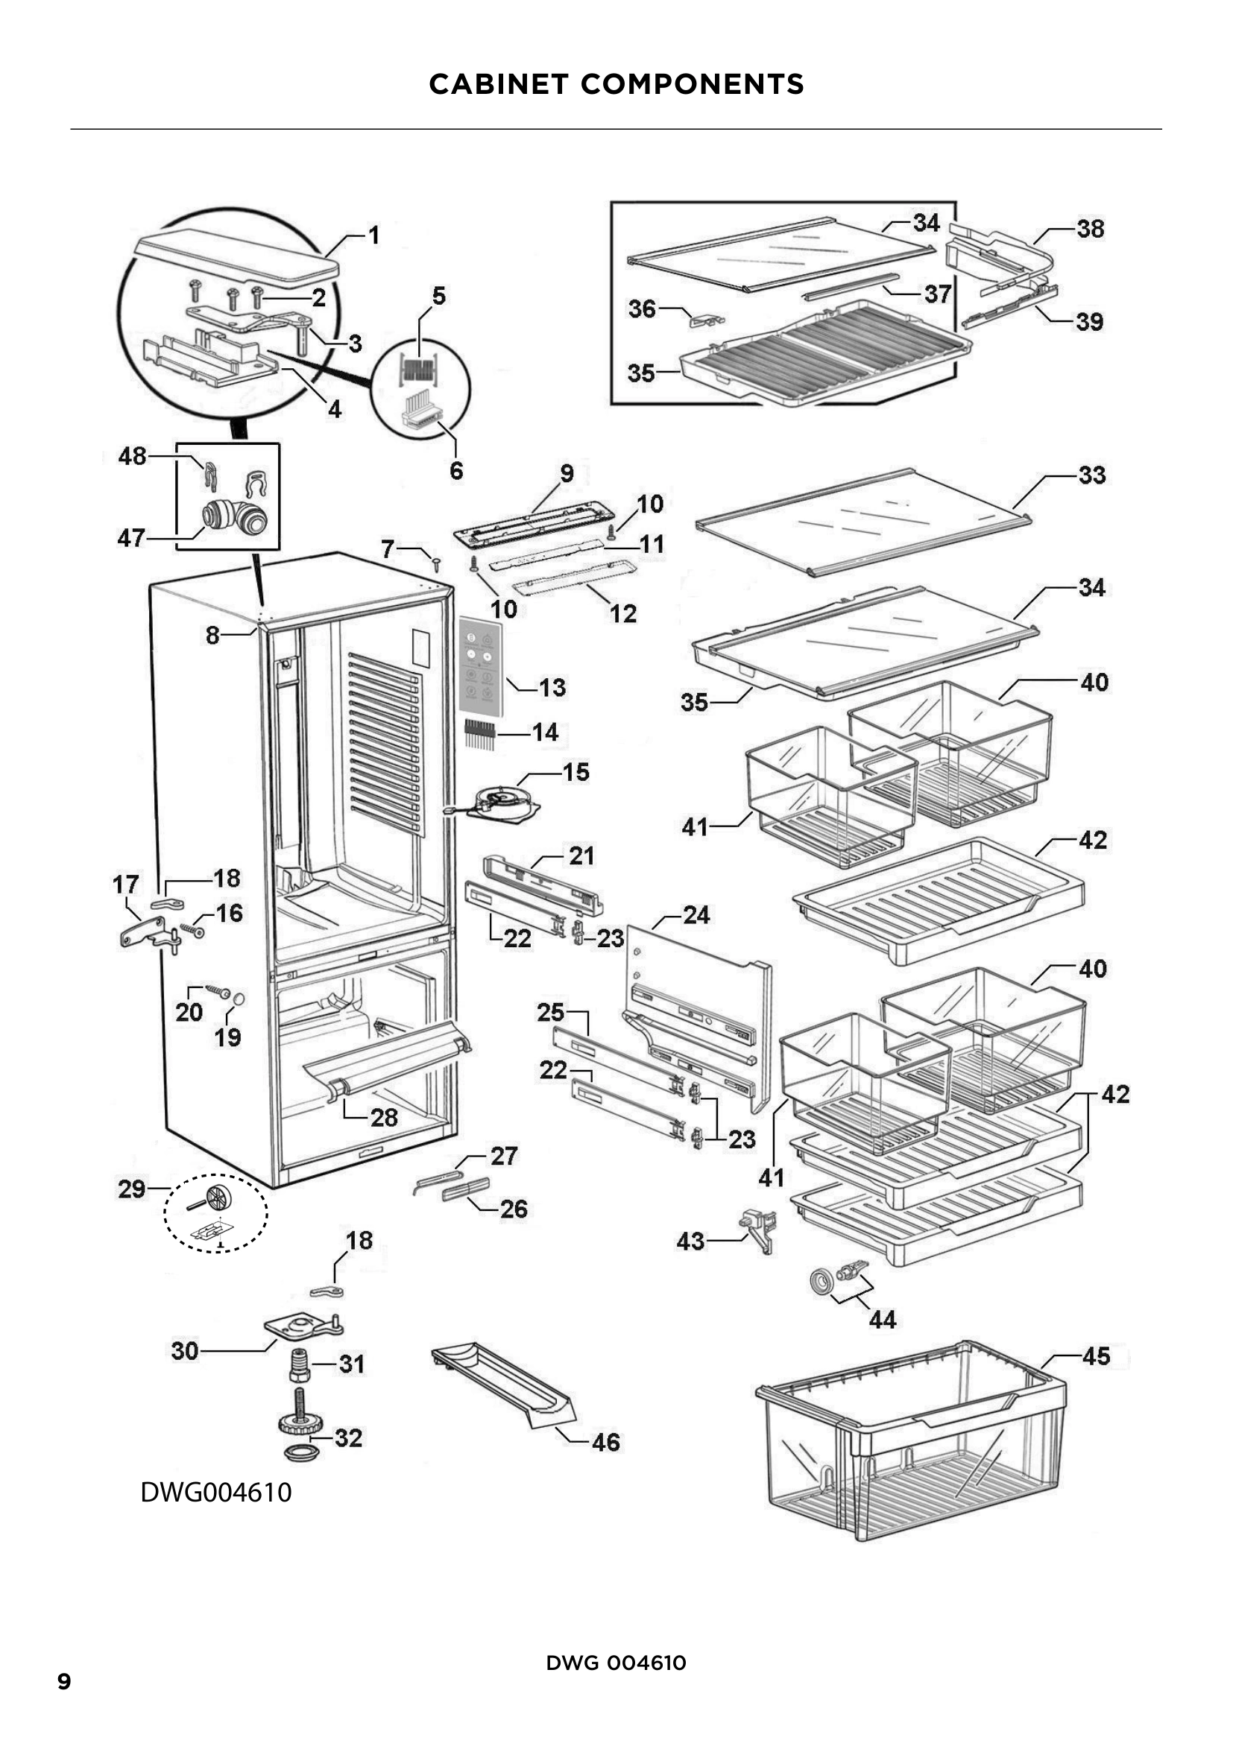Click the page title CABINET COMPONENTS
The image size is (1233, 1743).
(x=616, y=84)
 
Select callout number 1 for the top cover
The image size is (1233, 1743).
(x=373, y=235)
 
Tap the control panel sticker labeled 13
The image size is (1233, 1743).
(x=481, y=665)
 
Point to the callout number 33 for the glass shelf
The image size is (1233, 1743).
(x=1092, y=475)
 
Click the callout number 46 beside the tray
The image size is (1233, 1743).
(x=606, y=1442)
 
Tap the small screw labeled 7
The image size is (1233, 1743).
(x=437, y=563)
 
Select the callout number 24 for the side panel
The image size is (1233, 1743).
(x=696, y=915)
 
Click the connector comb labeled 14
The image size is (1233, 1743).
(x=480, y=733)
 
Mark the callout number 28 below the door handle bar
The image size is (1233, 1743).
(x=384, y=1117)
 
